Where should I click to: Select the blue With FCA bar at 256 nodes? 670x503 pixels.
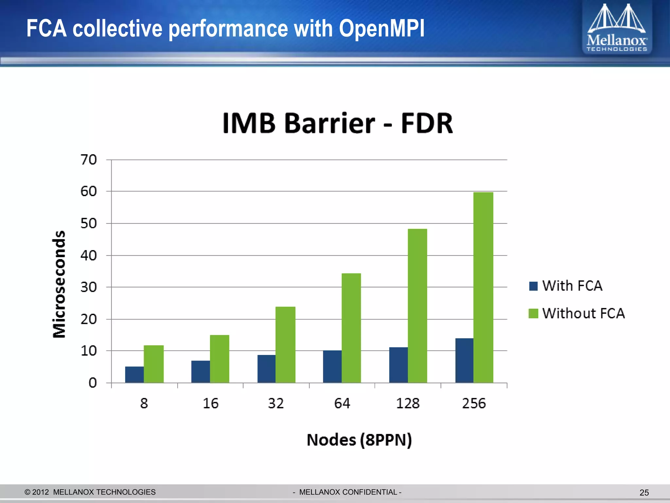point(464,360)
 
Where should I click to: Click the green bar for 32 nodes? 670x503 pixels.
point(285,345)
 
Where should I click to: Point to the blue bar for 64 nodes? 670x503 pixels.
point(332,366)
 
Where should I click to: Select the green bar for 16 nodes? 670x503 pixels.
point(220,359)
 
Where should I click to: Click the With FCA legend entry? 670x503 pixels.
point(566,286)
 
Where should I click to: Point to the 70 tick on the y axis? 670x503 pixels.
point(89,160)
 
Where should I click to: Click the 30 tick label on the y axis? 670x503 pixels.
point(89,287)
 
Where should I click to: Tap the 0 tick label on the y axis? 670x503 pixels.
point(93,382)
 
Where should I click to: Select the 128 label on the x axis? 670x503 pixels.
point(408,403)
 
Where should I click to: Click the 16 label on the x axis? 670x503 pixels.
point(210,403)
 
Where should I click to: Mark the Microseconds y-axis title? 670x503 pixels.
point(59,284)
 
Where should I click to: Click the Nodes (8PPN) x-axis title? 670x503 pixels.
point(359,440)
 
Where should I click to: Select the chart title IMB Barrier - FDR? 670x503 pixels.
point(338,123)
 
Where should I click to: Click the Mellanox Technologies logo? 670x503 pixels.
point(617,28)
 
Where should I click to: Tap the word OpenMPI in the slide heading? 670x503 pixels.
point(381,28)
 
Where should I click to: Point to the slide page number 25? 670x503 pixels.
point(644,493)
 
